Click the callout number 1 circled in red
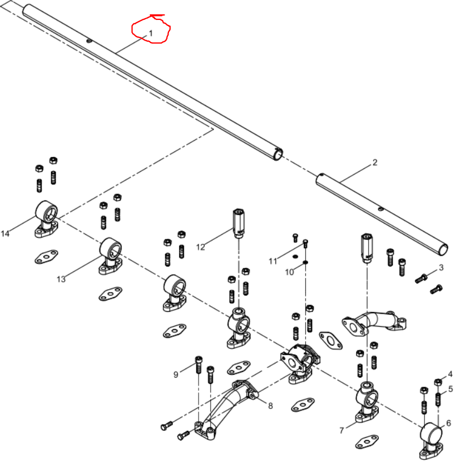(x=151, y=33)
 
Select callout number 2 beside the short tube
(x=374, y=163)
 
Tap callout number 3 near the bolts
(x=441, y=268)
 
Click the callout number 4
(x=450, y=374)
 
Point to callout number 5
(x=451, y=389)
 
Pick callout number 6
(x=449, y=423)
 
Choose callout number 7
(x=341, y=430)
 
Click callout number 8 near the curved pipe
(x=270, y=406)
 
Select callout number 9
(x=176, y=375)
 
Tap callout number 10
(x=289, y=272)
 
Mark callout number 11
(x=273, y=261)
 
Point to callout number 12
(x=201, y=247)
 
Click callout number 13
(x=61, y=279)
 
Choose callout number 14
(x=5, y=234)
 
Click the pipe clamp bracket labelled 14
(x=47, y=219)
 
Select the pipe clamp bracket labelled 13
(x=111, y=256)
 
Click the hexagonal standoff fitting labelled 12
(x=239, y=223)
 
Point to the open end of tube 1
(x=278, y=154)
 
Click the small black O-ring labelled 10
(x=306, y=262)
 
